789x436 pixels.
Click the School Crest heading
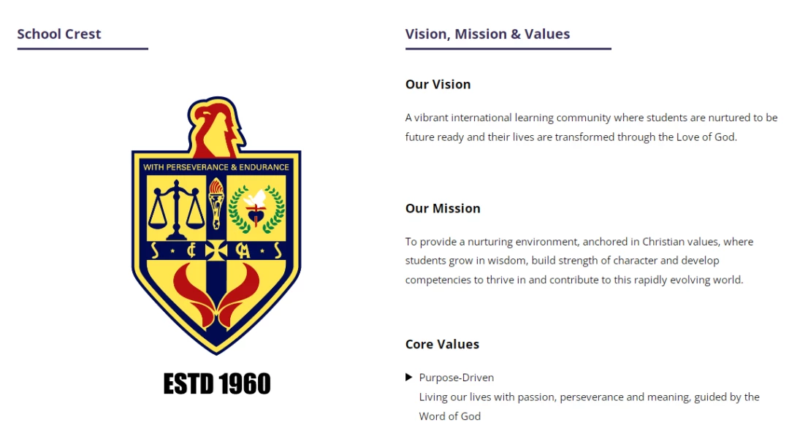click(x=59, y=34)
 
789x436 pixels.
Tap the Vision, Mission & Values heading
click(x=487, y=34)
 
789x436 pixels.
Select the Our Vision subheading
click(x=438, y=84)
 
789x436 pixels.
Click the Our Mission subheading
click(x=443, y=208)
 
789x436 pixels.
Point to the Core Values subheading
click(x=442, y=344)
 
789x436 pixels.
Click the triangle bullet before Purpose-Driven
click(x=408, y=377)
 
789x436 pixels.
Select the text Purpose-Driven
click(x=457, y=377)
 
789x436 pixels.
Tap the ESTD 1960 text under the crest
click(x=217, y=383)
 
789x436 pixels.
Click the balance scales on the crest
click(x=176, y=210)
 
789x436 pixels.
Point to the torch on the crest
click(x=216, y=204)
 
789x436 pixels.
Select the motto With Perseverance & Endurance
click(x=216, y=167)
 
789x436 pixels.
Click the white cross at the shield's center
click(x=216, y=250)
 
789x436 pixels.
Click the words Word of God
click(x=450, y=416)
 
